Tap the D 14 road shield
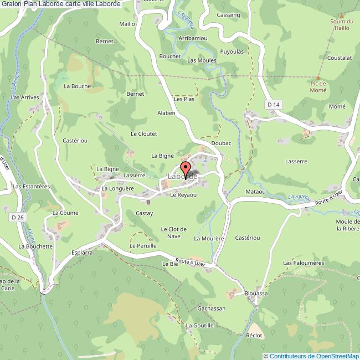[271, 104]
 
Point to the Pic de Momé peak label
[318, 86]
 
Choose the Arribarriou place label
[193, 38]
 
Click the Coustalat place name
[340, 58]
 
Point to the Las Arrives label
[25, 97]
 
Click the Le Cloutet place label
[144, 133]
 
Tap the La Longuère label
[119, 188]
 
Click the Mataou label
[256, 192]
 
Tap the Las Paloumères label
[304, 263]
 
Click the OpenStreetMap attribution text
[311, 356]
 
